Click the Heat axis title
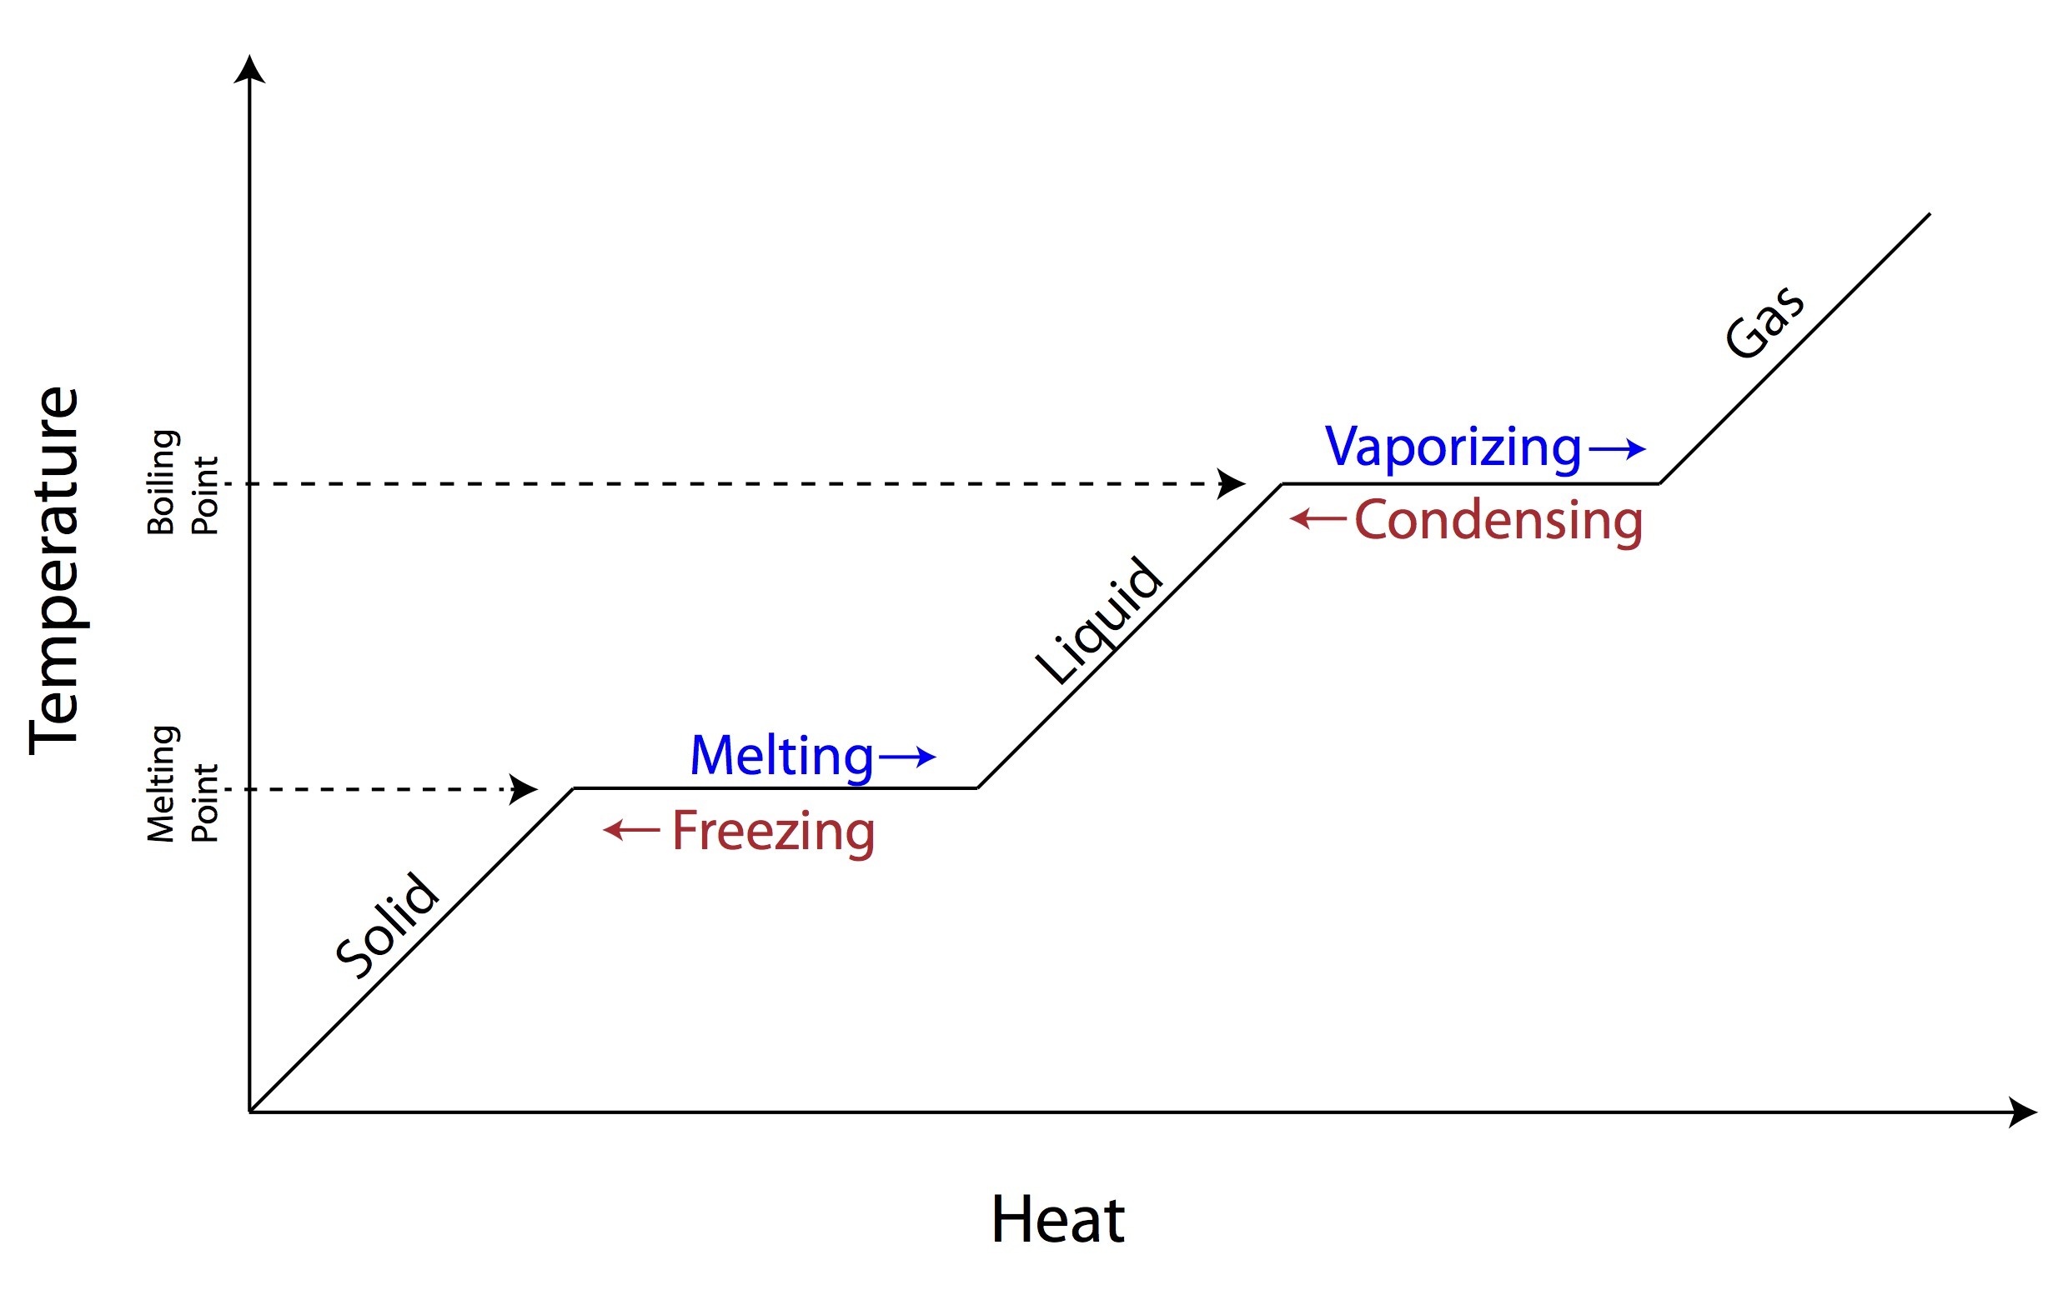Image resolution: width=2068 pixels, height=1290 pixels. (x=1057, y=1220)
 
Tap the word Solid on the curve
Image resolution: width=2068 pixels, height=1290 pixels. (x=388, y=925)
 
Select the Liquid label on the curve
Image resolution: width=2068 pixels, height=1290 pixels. (x=1098, y=620)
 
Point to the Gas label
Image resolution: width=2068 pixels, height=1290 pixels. (x=1764, y=322)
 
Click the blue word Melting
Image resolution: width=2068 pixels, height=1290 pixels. (x=781, y=756)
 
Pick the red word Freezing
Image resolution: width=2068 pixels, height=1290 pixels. (x=773, y=831)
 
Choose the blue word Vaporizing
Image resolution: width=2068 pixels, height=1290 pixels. (x=1453, y=446)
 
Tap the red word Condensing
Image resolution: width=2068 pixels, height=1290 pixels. (x=1498, y=521)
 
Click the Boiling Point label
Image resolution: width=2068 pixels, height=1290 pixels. (x=183, y=482)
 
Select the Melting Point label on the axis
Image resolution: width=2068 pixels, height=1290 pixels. (x=183, y=784)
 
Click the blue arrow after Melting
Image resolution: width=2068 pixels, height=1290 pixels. (x=907, y=756)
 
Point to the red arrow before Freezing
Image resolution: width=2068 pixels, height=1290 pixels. (x=631, y=829)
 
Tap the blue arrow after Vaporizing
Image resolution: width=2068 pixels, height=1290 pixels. (x=1618, y=448)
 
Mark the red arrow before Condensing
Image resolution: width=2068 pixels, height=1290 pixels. (x=1318, y=517)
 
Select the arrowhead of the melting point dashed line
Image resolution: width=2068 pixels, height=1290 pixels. (x=522, y=789)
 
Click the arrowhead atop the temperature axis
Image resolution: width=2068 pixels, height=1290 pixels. (x=249, y=70)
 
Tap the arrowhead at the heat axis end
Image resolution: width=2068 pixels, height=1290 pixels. (x=2022, y=1112)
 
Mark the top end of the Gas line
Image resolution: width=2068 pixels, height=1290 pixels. (x=1929, y=215)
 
